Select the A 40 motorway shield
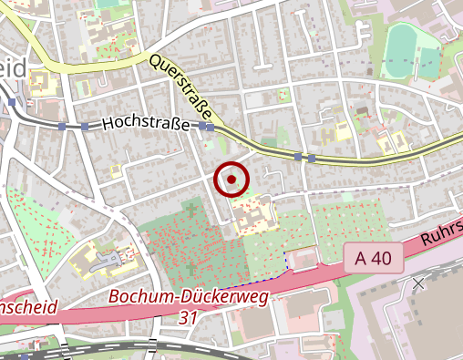click(x=374, y=258)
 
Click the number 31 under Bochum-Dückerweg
click(x=189, y=317)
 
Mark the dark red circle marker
click(x=231, y=180)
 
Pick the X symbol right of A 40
click(x=418, y=283)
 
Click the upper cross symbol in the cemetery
click(x=190, y=210)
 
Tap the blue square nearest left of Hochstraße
click(x=85, y=127)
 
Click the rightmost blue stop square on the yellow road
click(x=312, y=158)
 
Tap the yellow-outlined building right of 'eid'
click(x=41, y=83)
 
